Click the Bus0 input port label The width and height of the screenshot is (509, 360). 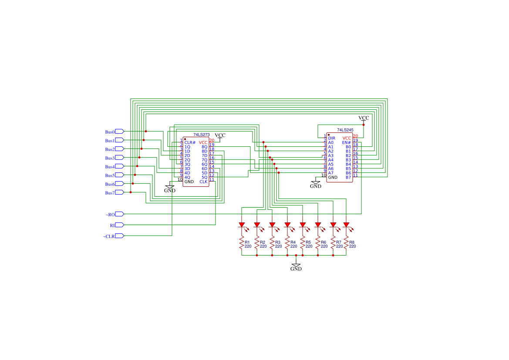pos(110,131)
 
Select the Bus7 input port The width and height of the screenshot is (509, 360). pos(119,192)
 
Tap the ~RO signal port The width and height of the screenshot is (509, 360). pos(119,214)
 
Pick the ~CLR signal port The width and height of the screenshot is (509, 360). pos(119,236)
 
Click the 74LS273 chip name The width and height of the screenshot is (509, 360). pos(201,135)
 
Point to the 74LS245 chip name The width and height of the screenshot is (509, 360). pos(345,130)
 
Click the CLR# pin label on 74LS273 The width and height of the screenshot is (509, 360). pos(190,142)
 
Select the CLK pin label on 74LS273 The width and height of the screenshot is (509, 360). pos(203,182)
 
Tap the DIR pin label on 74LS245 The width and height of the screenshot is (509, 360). pos(332,138)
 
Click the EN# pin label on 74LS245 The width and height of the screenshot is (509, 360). pos(346,142)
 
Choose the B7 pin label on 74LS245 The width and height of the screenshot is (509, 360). pos(348,177)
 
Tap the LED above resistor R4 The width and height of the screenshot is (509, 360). pos(287,225)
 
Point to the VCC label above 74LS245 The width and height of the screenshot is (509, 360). pos(364,118)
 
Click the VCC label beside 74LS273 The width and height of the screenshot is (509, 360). pos(220,135)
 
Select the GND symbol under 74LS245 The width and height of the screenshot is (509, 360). pos(316,184)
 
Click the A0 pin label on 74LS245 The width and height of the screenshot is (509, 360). pos(331,142)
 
